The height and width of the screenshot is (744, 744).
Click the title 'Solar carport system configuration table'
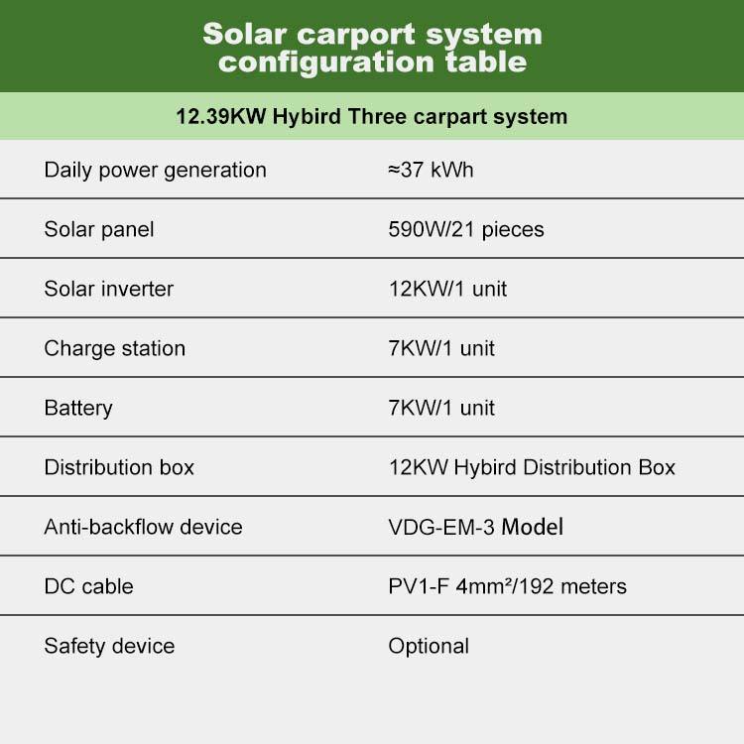(x=372, y=48)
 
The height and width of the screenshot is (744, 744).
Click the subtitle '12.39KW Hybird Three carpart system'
(x=372, y=117)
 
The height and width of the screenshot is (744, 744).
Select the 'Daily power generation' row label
(x=155, y=171)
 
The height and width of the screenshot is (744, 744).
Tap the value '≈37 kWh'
(x=431, y=170)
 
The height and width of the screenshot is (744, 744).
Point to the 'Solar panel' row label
(x=98, y=230)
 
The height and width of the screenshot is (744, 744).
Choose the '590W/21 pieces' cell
(x=466, y=230)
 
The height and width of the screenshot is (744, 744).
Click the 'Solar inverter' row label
(x=109, y=289)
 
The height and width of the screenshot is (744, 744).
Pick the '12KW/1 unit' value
(x=447, y=289)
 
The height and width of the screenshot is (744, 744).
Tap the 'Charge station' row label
(x=114, y=349)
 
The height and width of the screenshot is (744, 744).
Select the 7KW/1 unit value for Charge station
(x=441, y=348)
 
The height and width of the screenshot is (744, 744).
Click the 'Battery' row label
(x=78, y=408)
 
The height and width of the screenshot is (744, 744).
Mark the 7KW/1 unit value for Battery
(x=441, y=408)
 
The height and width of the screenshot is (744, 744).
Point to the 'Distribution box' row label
(x=119, y=467)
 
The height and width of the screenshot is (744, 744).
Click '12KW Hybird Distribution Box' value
(x=532, y=468)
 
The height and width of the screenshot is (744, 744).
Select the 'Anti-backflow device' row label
(x=143, y=527)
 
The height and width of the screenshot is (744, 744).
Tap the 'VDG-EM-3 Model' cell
(x=476, y=527)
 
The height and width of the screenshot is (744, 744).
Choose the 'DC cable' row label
(x=88, y=586)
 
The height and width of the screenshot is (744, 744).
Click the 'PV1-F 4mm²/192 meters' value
(x=507, y=586)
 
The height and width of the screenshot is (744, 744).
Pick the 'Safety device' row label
(x=109, y=646)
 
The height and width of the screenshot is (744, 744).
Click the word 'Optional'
(x=429, y=646)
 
